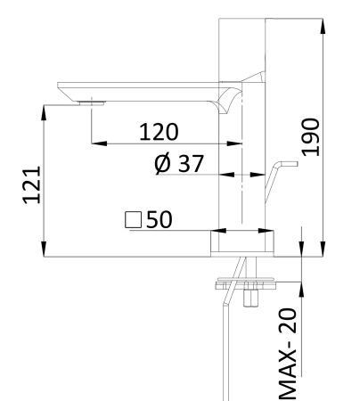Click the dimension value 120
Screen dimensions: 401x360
[158, 132]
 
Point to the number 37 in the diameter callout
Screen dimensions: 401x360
[189, 166]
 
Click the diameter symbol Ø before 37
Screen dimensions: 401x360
[164, 166]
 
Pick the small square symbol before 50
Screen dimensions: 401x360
[135, 219]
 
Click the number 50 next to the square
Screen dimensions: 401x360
[159, 219]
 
